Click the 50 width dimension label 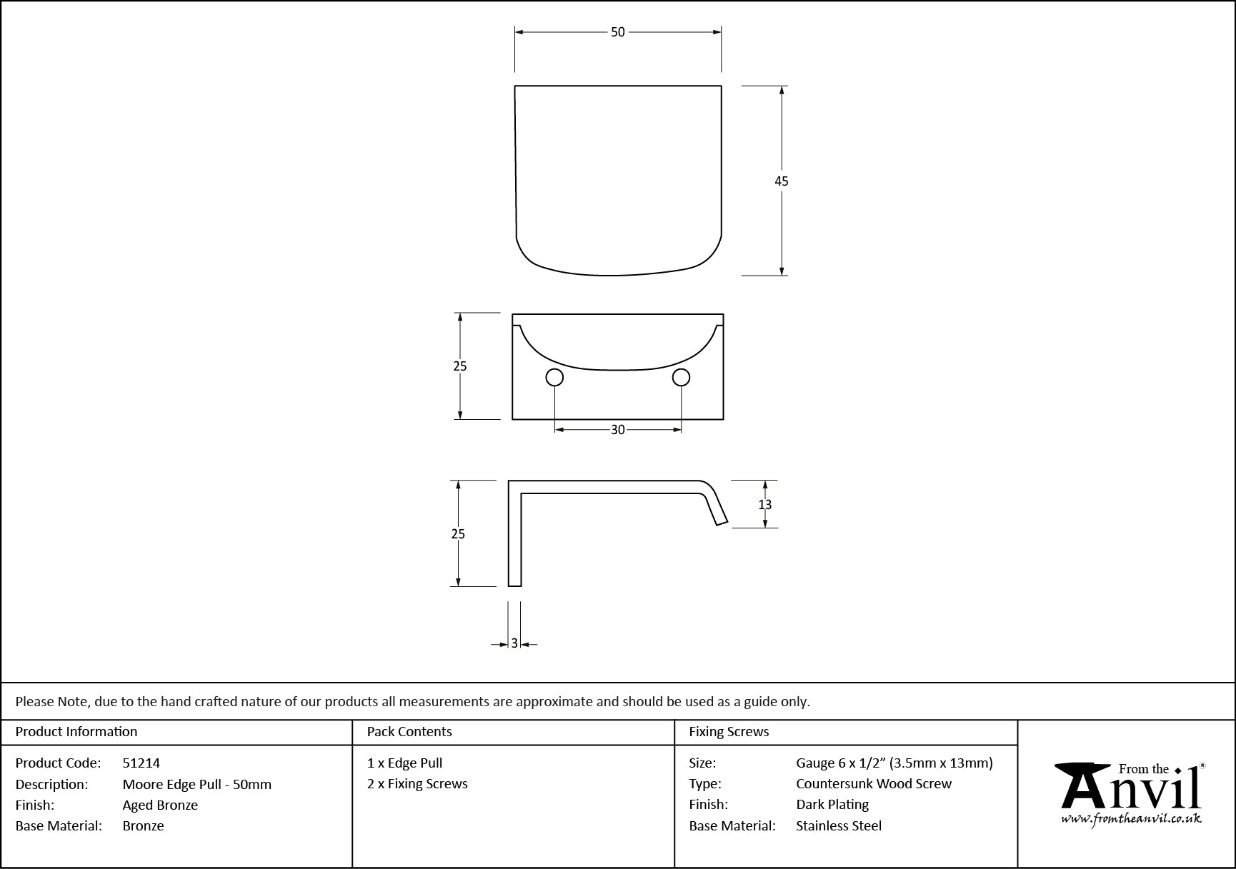(618, 32)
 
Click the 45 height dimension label (782, 181)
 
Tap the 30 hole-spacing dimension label (618, 430)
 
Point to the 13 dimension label (765, 505)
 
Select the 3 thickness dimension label (514, 643)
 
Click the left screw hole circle (554, 377)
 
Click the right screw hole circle (682, 377)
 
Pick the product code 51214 (141, 763)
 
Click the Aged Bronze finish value (160, 805)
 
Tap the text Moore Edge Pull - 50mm (197, 784)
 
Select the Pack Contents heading (409, 731)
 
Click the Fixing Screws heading (729, 731)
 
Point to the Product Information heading (76, 731)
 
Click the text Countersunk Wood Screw (874, 783)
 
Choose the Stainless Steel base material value (839, 825)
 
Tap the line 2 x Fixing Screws (417, 783)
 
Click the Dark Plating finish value (832, 805)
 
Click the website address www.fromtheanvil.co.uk (1131, 819)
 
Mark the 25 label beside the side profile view (459, 533)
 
